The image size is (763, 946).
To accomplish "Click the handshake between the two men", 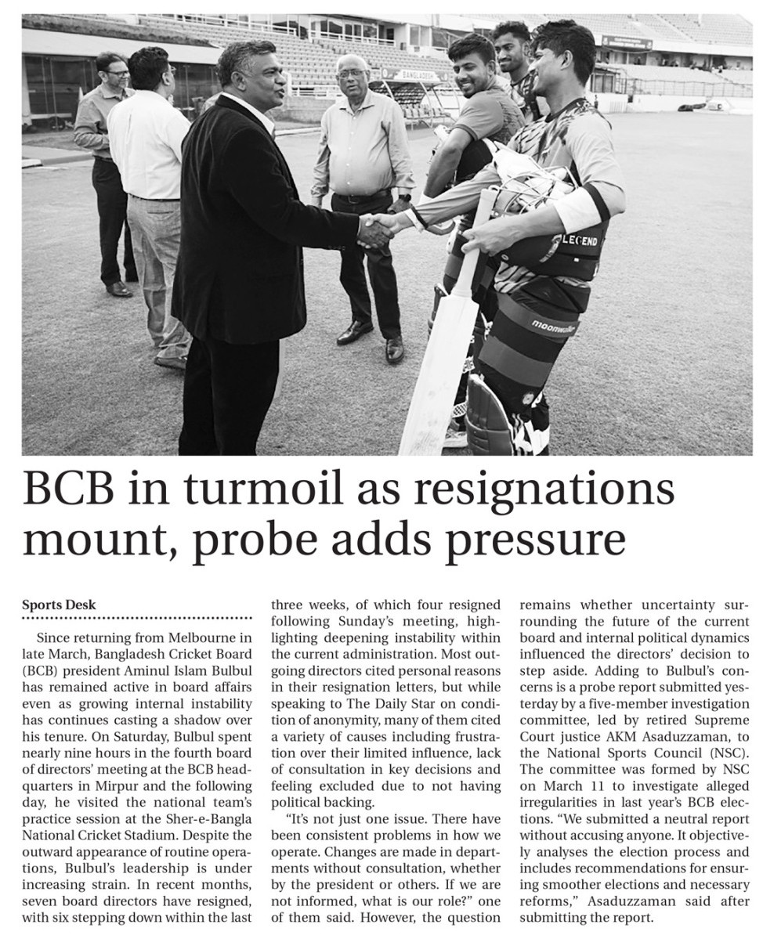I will pos(378,229).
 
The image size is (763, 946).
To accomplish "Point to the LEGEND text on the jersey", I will pos(581,240).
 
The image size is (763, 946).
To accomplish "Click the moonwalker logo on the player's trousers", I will pos(553,326).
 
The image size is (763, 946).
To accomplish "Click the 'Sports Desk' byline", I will pos(59,605).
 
